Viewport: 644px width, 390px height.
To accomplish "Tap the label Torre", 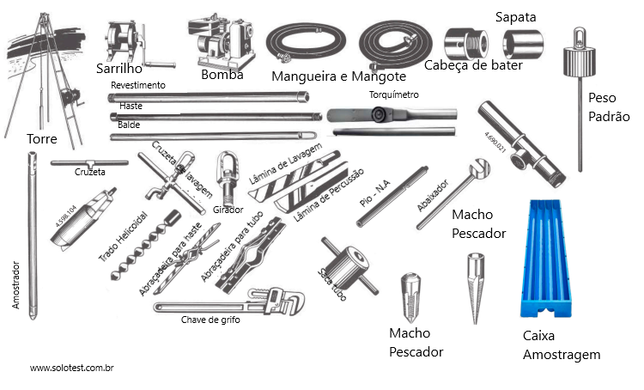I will click(x=42, y=138).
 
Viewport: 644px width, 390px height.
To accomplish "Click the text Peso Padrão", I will click(x=609, y=107).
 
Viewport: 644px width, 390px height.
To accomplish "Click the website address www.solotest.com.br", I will click(x=73, y=368).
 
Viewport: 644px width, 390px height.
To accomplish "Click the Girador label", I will click(x=228, y=209).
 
